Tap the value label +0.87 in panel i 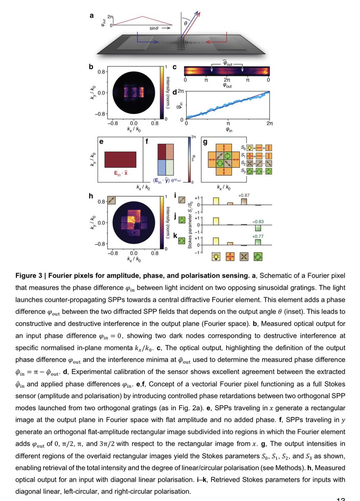pyautogui.click(x=244, y=195)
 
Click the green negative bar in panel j pyautogui.click(x=259, y=228)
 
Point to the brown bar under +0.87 pyautogui.click(x=244, y=201)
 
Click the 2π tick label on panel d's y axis pyautogui.click(x=181, y=91)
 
